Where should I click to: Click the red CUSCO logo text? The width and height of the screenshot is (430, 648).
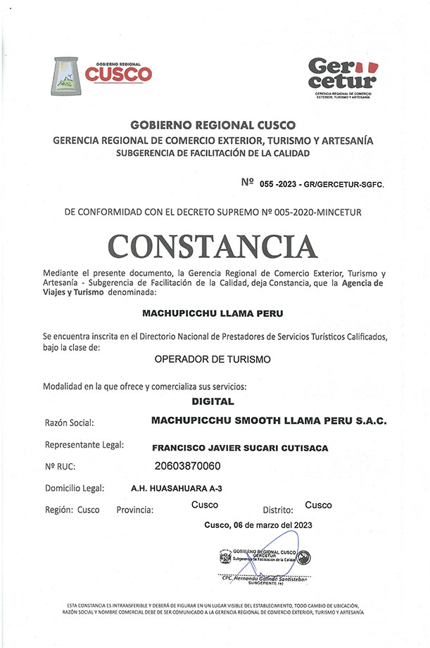(x=118, y=73)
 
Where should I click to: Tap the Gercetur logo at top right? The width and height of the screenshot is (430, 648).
(x=343, y=76)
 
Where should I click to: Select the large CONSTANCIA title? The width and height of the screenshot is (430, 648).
(x=213, y=245)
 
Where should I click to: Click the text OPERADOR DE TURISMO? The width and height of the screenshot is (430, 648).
(x=213, y=359)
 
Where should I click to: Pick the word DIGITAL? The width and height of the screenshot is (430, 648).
(x=213, y=403)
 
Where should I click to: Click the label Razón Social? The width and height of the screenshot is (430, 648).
(x=69, y=424)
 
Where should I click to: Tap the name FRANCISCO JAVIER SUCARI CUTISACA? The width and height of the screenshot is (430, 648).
(x=240, y=448)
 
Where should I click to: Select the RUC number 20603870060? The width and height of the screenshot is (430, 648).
(x=187, y=465)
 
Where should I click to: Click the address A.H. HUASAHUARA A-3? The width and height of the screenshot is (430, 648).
(x=177, y=487)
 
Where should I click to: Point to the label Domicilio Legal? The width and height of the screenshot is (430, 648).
(x=75, y=488)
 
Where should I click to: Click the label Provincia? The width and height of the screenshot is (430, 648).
(x=135, y=510)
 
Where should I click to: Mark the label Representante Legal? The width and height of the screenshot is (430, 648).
(x=84, y=446)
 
